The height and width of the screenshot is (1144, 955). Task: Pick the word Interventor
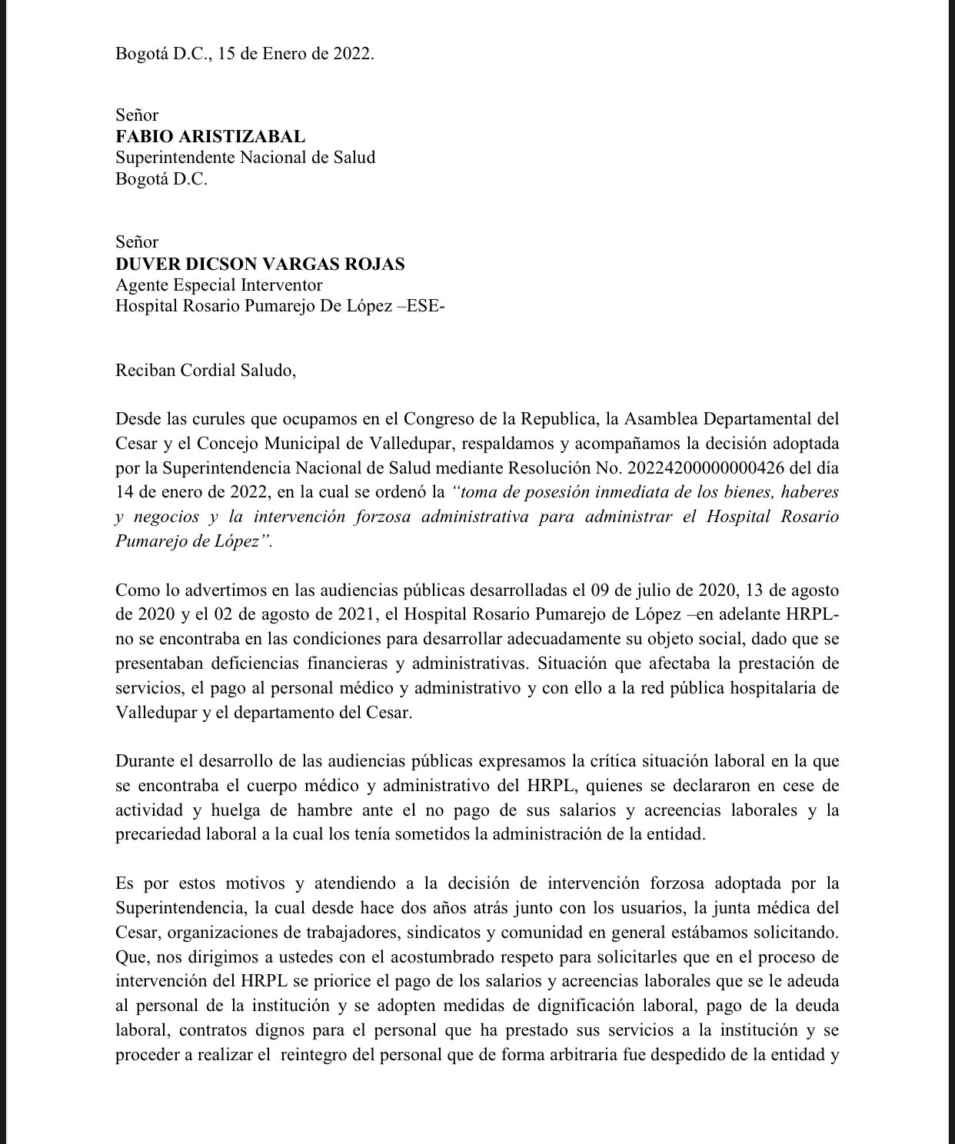click(x=280, y=285)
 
